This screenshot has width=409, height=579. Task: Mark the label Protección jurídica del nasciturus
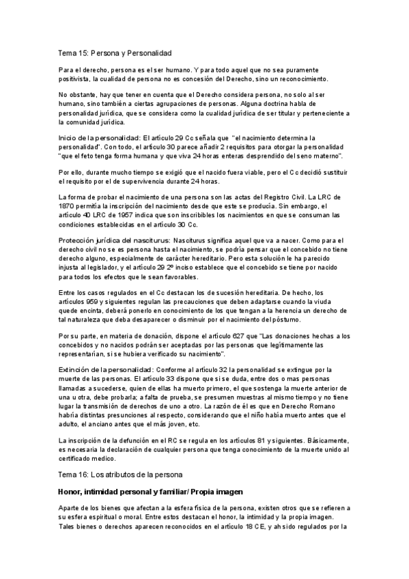(x=113, y=241)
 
